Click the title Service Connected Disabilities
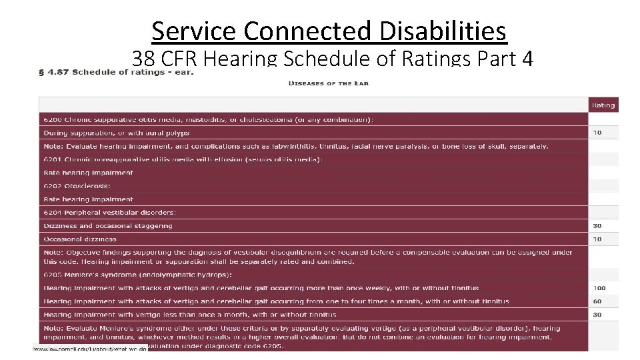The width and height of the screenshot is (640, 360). click(x=329, y=31)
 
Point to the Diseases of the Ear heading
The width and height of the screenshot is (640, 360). click(x=328, y=83)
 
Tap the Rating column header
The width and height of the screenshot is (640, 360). click(x=603, y=105)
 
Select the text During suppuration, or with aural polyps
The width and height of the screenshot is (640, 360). click(x=116, y=133)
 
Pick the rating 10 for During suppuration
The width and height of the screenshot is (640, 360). click(x=597, y=133)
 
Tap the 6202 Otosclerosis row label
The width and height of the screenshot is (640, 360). click(x=77, y=186)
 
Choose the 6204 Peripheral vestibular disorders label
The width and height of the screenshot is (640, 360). click(x=109, y=213)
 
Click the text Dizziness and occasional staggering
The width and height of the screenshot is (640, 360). click(x=107, y=226)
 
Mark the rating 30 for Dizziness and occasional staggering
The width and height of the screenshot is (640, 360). click(x=597, y=226)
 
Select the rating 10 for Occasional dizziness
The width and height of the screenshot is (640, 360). click(x=597, y=239)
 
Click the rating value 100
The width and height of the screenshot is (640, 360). click(x=599, y=288)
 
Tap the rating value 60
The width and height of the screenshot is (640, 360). click(x=597, y=301)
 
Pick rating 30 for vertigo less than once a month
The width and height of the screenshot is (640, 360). click(x=597, y=315)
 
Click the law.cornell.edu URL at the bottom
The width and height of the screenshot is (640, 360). click(x=90, y=348)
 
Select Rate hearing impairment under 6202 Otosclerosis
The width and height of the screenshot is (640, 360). click(x=88, y=199)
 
